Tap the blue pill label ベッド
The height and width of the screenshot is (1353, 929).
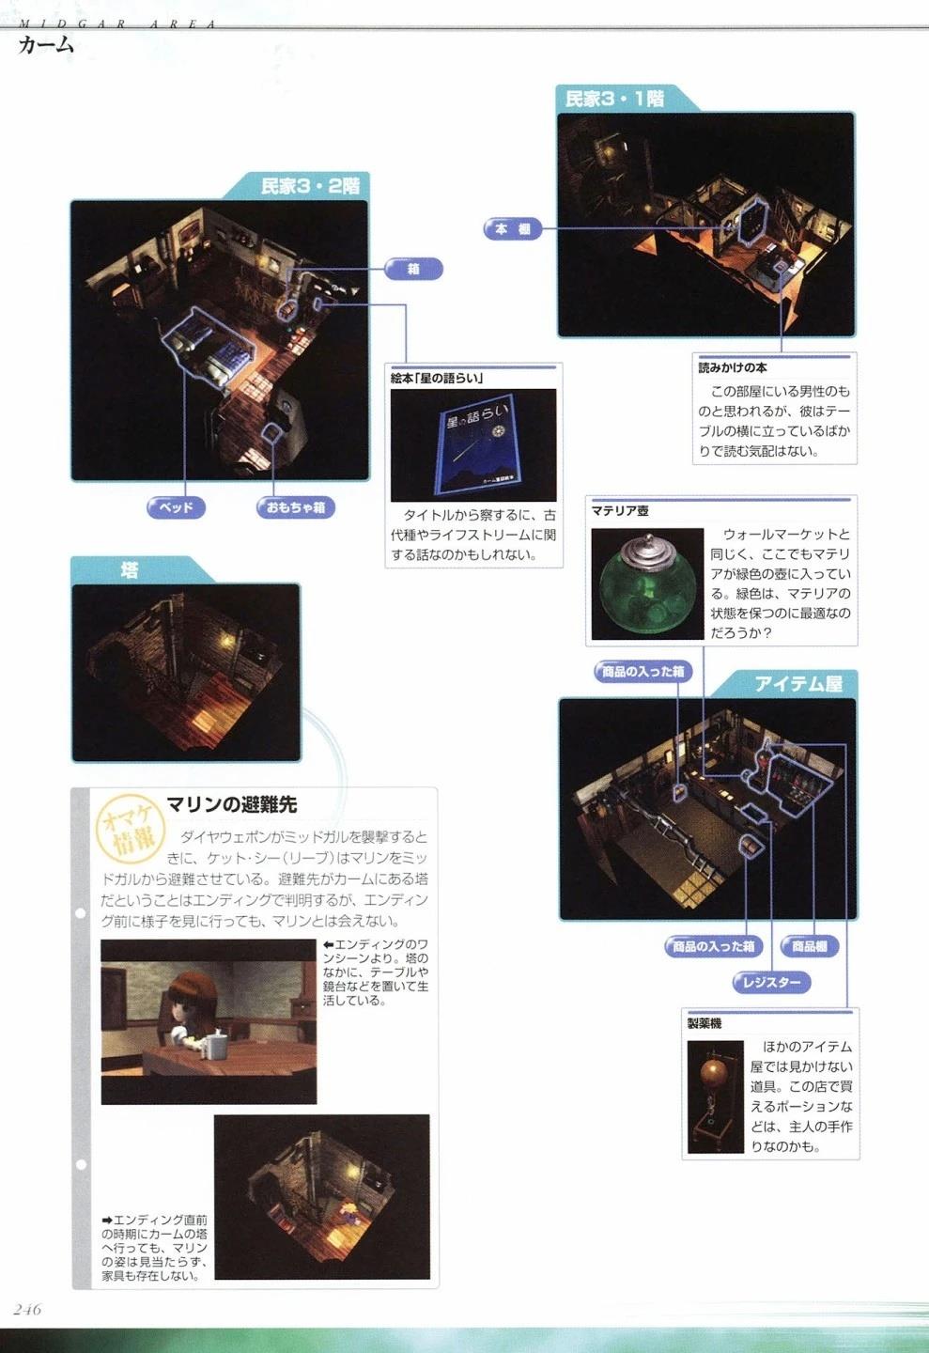coord(176,507)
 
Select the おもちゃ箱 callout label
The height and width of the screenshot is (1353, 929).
coord(295,507)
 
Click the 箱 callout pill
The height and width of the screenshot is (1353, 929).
coord(413,269)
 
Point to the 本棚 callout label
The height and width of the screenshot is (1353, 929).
coord(512,229)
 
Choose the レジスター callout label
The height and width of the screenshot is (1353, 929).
coord(771,983)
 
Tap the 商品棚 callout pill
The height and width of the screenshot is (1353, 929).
coord(809,946)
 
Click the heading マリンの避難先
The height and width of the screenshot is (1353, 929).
coord(231,805)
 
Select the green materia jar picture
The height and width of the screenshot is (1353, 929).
coord(647,584)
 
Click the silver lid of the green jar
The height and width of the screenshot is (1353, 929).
coord(646,548)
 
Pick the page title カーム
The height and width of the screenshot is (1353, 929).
coord(46,45)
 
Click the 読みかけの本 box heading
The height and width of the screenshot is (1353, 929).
coord(732,368)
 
